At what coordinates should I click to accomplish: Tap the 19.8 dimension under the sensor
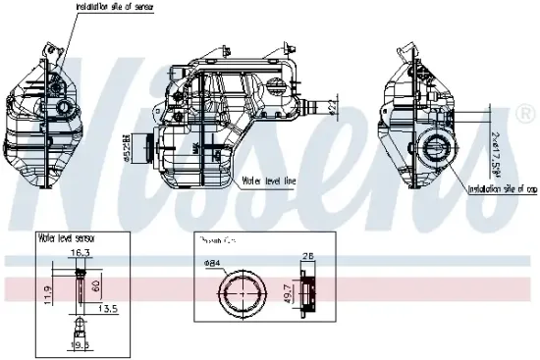pos(81,345)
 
